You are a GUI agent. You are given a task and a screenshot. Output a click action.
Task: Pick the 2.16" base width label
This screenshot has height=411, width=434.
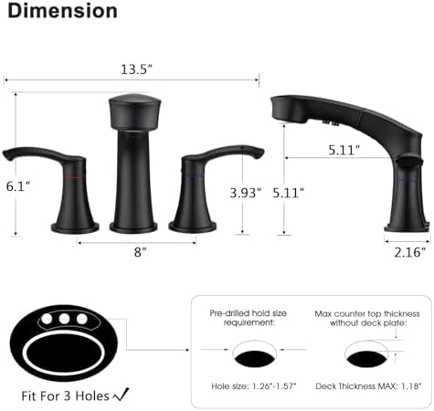click(406, 253)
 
